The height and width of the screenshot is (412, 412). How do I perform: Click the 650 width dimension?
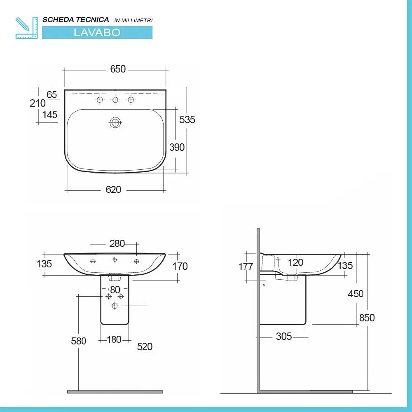[118, 69]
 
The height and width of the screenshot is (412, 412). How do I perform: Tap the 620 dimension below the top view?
[113, 190]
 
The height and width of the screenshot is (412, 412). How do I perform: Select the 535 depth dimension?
[187, 119]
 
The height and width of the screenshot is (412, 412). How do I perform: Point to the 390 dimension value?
[177, 147]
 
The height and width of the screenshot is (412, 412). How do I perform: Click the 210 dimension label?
[37, 103]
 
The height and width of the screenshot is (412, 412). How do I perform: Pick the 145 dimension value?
[50, 115]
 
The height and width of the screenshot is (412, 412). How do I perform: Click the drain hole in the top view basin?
[115, 122]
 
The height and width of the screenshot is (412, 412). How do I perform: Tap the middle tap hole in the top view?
[115, 100]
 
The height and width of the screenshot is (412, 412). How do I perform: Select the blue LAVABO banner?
[97, 33]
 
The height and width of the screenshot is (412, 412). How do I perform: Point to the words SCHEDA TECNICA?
[76, 19]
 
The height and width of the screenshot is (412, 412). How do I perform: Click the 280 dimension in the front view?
[117, 243]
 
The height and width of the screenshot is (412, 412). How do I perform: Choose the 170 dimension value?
[180, 266]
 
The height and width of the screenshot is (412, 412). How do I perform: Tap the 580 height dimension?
[78, 341]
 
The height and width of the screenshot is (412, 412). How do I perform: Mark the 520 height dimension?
[145, 347]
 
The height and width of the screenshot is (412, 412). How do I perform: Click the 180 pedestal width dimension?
[114, 339]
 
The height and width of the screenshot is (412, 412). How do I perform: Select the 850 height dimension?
[367, 318]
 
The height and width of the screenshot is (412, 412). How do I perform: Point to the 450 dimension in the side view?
[356, 294]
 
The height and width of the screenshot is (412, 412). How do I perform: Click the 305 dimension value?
[283, 337]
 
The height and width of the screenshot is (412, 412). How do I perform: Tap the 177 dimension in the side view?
[246, 267]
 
